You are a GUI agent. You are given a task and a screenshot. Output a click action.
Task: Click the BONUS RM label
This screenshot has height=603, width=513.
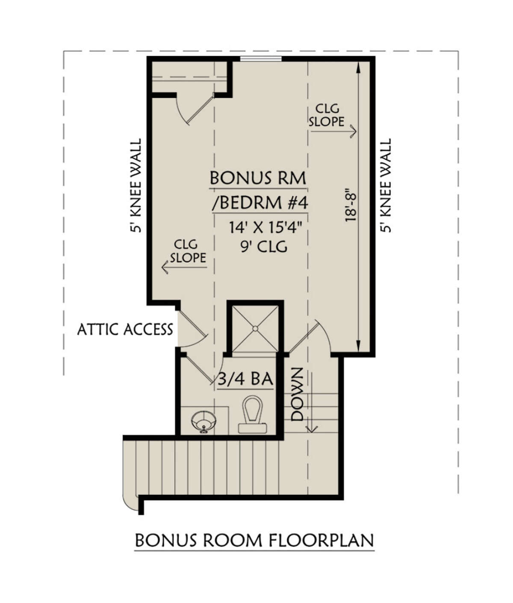click(258, 178)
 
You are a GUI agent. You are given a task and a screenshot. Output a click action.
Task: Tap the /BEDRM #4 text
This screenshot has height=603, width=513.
click(260, 203)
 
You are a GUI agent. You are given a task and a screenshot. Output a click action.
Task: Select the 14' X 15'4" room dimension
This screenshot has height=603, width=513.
click(264, 228)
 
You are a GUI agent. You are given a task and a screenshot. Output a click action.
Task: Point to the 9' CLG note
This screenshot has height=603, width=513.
click(264, 247)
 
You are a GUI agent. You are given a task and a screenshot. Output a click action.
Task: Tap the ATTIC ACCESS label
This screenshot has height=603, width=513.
click(125, 330)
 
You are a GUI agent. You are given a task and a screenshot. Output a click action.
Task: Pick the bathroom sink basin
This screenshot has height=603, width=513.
click(204, 421)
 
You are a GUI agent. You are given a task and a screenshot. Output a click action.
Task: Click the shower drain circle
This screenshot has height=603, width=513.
click(255, 329)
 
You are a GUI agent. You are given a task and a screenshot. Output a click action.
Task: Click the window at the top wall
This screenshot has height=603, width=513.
click(261, 59)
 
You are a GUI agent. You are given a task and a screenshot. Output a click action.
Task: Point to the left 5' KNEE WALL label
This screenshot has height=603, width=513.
click(136, 185)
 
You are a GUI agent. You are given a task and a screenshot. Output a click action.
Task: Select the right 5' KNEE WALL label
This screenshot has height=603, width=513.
click(385, 185)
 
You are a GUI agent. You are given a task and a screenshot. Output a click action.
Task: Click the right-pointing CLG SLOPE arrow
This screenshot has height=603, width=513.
click(333, 131)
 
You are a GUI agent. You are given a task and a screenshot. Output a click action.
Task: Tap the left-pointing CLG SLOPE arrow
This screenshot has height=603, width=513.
click(184, 267)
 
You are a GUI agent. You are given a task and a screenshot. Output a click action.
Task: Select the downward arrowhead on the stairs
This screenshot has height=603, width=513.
click(312, 429)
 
